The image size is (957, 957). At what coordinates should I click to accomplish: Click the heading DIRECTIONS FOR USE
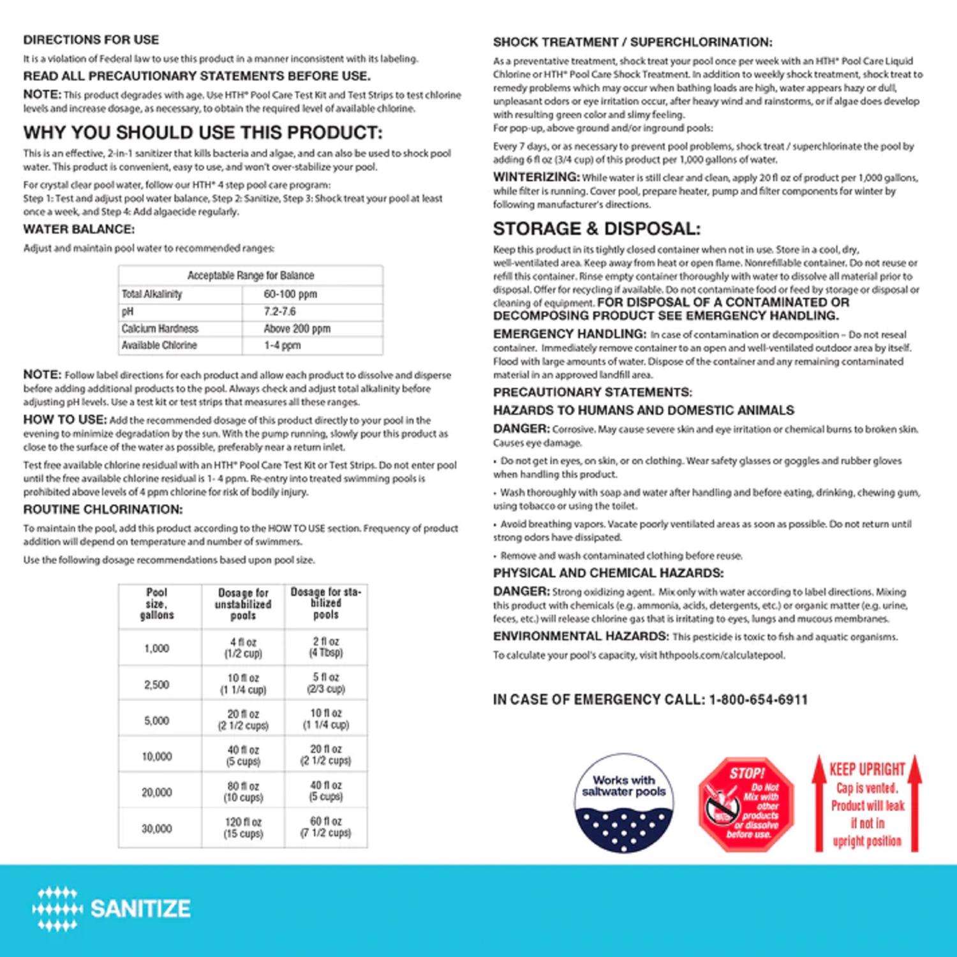[91, 40]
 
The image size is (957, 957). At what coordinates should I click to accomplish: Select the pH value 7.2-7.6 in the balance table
[279, 311]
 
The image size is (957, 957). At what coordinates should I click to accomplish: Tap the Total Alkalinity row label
[152, 294]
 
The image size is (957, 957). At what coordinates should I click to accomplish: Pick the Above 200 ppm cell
[297, 329]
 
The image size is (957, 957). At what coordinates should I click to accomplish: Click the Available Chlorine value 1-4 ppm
[282, 345]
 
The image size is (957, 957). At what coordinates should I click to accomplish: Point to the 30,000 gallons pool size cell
[157, 828]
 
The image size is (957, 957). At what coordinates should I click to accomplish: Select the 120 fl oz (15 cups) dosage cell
[243, 827]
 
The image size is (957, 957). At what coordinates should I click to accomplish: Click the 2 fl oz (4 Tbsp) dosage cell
[326, 647]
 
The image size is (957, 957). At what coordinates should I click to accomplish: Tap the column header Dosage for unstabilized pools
[243, 604]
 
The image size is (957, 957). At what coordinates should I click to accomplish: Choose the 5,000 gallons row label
[157, 720]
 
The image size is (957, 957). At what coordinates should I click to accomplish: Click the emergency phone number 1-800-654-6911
[759, 699]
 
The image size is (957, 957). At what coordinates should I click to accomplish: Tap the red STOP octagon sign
[746, 804]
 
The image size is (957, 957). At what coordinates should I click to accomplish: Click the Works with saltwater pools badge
[623, 803]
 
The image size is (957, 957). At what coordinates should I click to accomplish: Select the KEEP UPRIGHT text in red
[867, 769]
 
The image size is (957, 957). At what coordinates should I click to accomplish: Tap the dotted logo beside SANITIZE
[57, 909]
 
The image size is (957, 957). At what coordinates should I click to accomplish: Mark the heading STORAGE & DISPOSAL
[597, 228]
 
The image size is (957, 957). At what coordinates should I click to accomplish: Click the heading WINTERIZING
[536, 177]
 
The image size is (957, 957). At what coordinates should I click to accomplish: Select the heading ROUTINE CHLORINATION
[103, 509]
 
